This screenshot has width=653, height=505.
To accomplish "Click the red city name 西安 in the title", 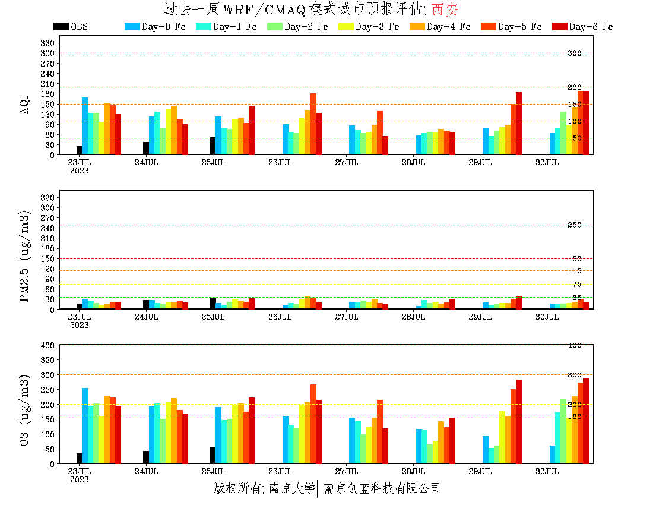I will (445, 10).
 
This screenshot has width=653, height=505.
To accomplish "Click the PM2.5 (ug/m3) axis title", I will (25, 255).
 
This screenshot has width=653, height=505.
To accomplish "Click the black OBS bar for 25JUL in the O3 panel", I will (213, 455).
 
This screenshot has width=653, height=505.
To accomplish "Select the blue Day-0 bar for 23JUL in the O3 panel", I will (85, 425).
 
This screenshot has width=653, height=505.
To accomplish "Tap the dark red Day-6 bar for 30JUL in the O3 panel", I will (586, 421).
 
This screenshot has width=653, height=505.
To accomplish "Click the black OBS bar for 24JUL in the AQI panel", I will (146, 149).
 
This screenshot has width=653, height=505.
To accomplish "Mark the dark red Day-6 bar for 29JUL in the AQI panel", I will (519, 123).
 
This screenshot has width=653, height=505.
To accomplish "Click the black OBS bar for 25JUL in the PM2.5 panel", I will (213, 304).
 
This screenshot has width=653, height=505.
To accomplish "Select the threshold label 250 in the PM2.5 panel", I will (574, 225).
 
